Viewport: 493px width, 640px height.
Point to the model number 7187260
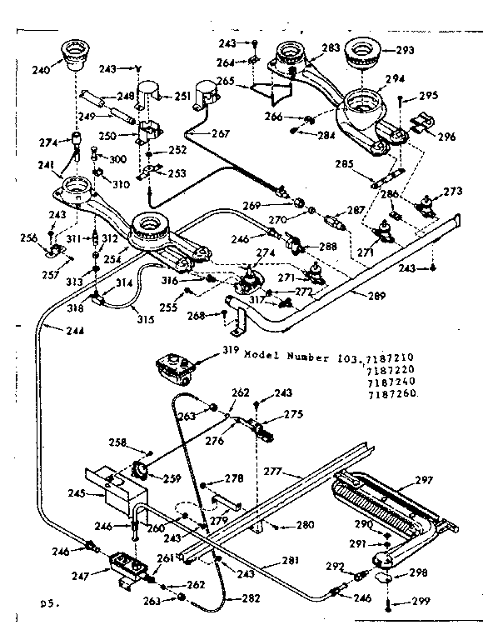391,392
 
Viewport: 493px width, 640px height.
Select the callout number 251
182,97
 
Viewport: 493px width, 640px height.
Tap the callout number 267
220,133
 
